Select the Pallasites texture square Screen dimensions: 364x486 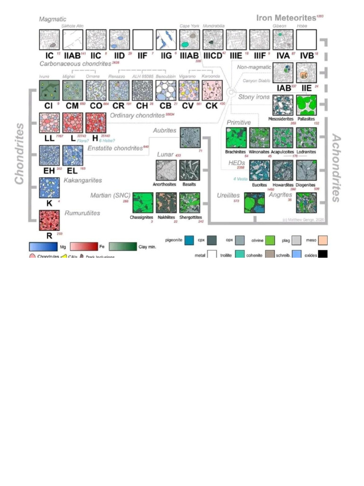point(306,105)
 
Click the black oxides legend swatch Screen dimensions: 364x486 point(323,254)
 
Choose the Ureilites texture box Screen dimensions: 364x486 point(254,202)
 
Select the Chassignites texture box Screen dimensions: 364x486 point(142,202)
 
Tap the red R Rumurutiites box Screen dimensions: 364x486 point(49,220)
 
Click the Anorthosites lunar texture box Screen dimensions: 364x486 point(166,170)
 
